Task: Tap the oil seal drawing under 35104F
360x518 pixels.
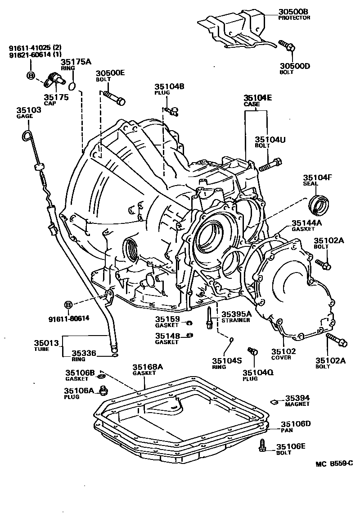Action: tap(319, 206)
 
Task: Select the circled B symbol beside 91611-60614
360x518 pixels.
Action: tap(68, 305)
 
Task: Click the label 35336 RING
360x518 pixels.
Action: tap(85, 353)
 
